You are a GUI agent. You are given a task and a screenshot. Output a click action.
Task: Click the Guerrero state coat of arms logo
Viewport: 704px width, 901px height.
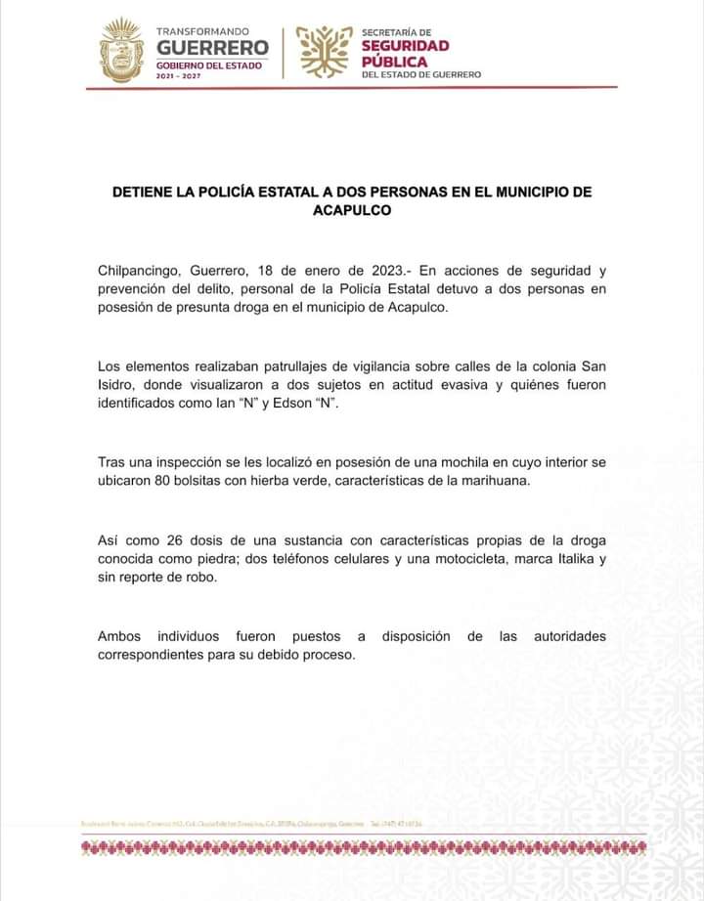click(x=121, y=50)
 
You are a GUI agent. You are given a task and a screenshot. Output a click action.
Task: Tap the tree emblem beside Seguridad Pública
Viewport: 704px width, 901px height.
click(x=325, y=51)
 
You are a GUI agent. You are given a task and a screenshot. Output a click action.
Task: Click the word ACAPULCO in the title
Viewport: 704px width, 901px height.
click(x=352, y=209)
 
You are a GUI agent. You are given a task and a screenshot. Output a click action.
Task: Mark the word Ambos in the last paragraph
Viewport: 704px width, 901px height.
click(x=119, y=636)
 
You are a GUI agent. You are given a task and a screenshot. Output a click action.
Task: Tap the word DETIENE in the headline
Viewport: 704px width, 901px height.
click(x=144, y=192)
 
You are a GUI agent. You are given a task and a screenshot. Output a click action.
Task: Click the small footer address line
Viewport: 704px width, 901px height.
click(x=253, y=822)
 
